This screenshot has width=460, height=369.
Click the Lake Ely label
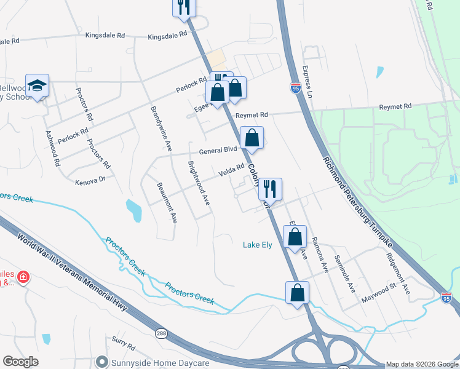257,245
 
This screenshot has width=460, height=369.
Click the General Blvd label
217,150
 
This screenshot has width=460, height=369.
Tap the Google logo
21,362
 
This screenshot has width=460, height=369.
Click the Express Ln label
307,84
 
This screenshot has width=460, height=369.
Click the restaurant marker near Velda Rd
269,188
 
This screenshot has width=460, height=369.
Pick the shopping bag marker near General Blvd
252,138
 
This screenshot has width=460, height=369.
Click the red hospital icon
23,277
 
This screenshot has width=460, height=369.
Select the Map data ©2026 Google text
421,363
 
